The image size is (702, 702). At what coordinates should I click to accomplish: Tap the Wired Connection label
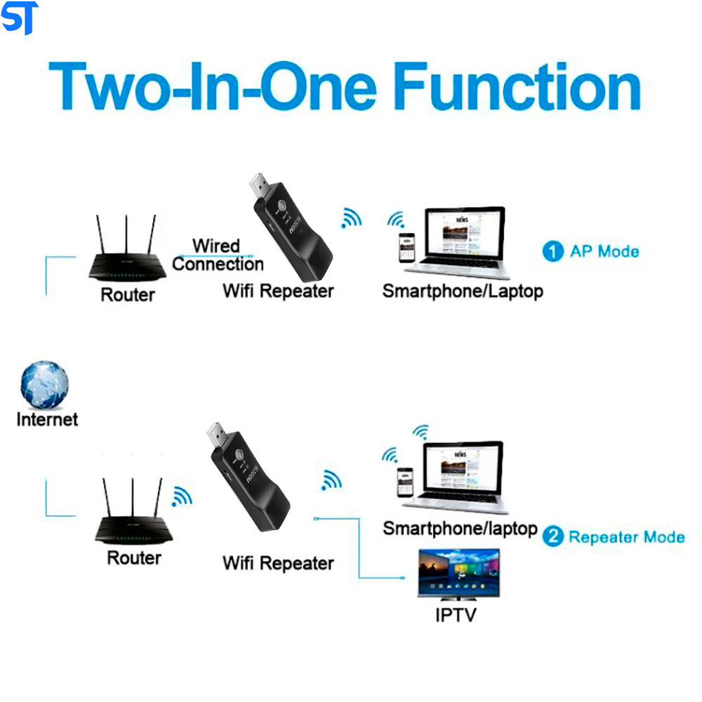tap(217, 256)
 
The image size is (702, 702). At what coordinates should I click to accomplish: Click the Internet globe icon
tap(45, 385)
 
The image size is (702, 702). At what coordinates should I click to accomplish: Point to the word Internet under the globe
tap(47, 420)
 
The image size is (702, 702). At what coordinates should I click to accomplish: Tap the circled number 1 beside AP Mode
tap(553, 251)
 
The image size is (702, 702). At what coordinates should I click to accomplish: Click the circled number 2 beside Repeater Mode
tap(553, 537)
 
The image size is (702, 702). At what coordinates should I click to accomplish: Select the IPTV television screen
tap(459, 573)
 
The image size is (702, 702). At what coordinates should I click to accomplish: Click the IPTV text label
tap(456, 615)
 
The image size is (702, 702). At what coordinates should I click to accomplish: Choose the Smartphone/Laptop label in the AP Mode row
tap(463, 291)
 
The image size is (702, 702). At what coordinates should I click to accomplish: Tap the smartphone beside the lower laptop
tap(406, 483)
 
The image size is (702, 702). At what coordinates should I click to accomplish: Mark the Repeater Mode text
tap(626, 537)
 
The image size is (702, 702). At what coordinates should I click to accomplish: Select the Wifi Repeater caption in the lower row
tap(278, 562)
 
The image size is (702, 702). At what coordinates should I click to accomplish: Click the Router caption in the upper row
tap(127, 294)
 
